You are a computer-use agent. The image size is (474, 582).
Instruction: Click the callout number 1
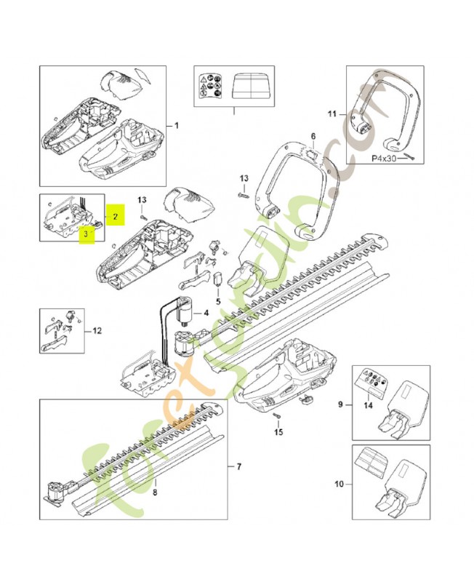click(175, 125)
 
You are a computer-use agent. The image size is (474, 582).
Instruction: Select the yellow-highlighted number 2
click(114, 215)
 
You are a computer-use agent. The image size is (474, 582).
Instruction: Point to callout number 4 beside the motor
click(206, 314)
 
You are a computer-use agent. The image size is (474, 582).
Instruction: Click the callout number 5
click(217, 300)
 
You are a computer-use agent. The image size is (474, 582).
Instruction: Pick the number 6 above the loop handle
click(312, 136)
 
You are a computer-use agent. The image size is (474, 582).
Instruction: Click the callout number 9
click(340, 403)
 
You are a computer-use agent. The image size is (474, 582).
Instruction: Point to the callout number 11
click(332, 114)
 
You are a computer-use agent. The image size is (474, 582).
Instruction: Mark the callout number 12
click(97, 331)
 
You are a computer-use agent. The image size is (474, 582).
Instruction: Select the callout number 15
click(277, 432)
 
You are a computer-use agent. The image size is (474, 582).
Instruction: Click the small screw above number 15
click(278, 416)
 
